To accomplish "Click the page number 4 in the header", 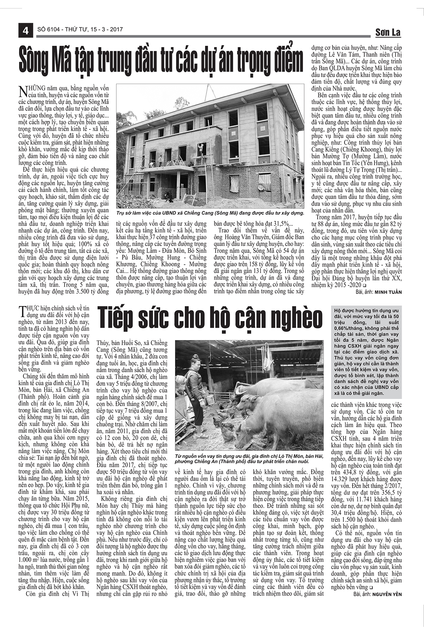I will [x=25, y=31].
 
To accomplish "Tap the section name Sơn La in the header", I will [x=388, y=33].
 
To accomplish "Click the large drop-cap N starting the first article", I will [x=23, y=91].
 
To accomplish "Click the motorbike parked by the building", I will [x=168, y=195].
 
